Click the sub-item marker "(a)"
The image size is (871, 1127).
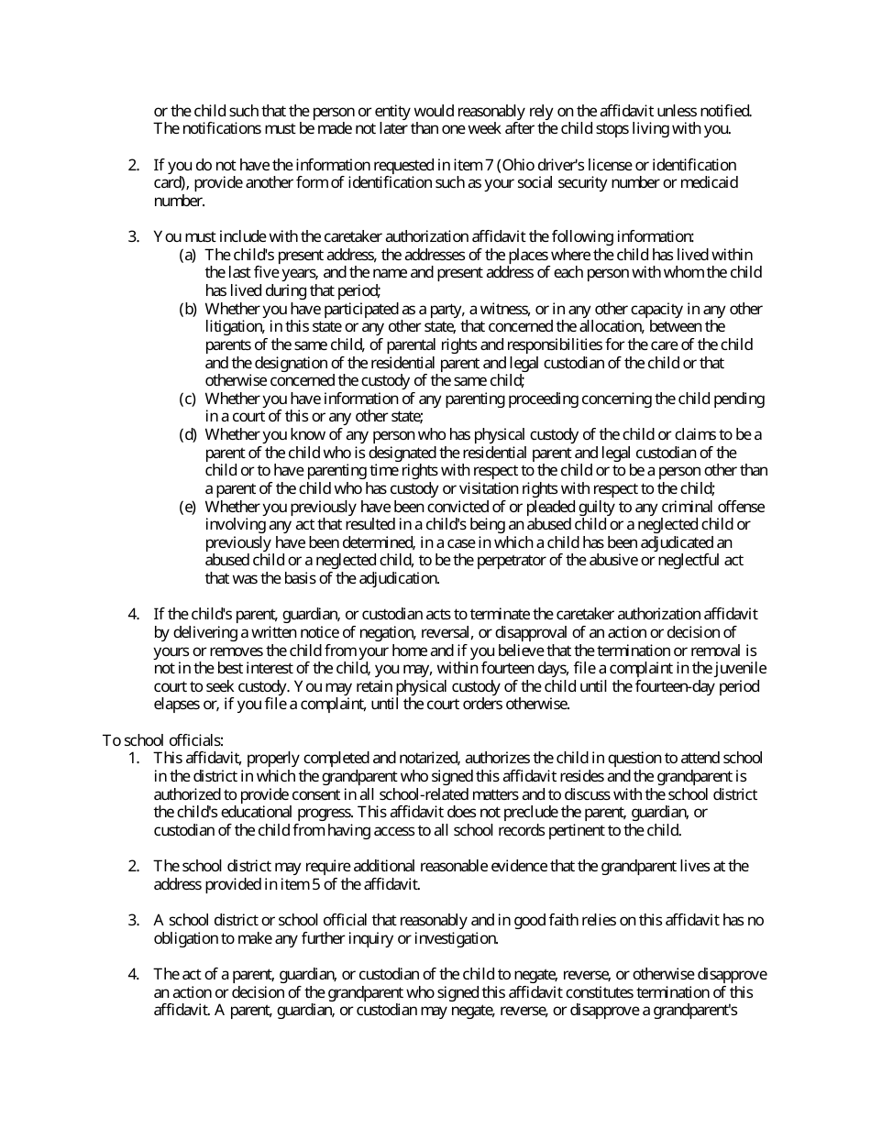(188, 254)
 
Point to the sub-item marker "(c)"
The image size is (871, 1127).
(188, 399)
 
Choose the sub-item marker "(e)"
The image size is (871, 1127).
(188, 507)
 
